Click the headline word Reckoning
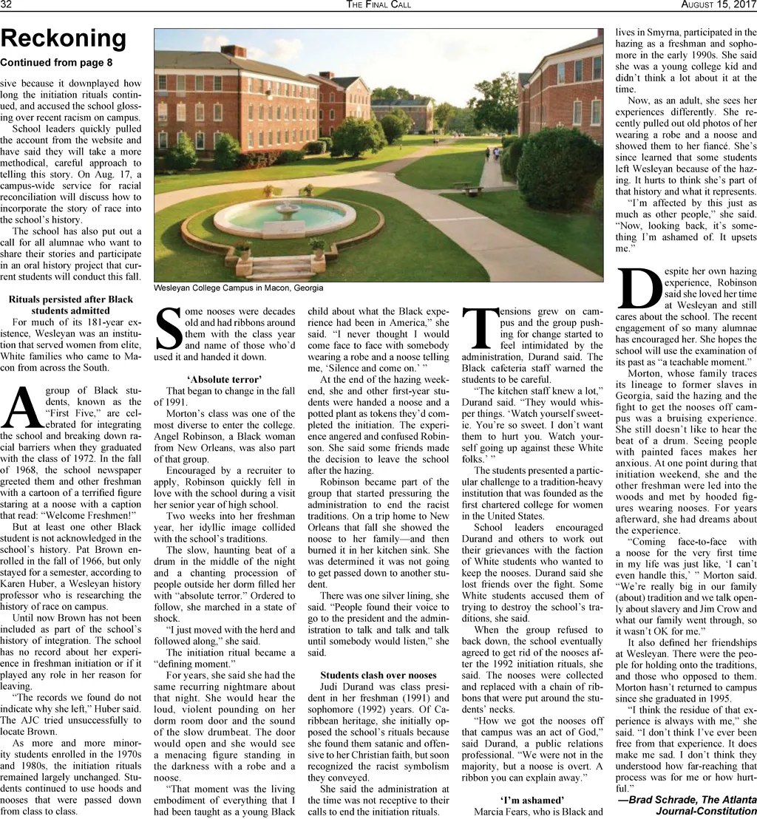(x=64, y=38)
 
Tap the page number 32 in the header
(x=7, y=5)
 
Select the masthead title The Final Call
(x=378, y=5)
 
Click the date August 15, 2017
(x=718, y=5)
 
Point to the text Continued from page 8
(x=56, y=63)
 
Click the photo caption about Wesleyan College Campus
(x=238, y=288)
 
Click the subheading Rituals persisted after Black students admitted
(x=71, y=305)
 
